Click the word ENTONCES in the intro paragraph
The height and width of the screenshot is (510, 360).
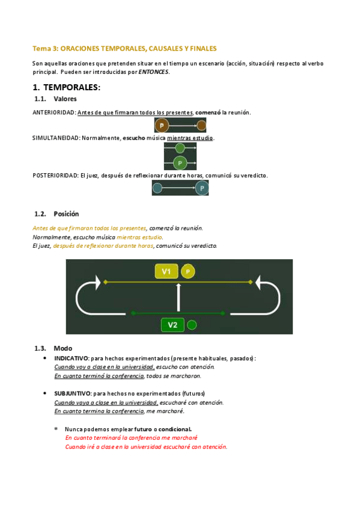tap(154, 72)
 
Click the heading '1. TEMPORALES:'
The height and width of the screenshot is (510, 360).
tap(67, 87)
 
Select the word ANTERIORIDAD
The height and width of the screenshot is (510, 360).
tap(54, 112)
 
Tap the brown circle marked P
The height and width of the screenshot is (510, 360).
tap(162, 125)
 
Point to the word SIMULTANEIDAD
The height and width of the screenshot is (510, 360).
tap(56, 138)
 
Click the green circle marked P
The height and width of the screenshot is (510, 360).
tap(180, 162)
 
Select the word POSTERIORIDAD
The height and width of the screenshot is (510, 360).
tap(55, 176)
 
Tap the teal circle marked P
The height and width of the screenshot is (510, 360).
tap(202, 188)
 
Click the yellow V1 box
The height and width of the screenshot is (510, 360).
tap(166, 271)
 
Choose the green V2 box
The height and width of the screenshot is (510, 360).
tap(172, 325)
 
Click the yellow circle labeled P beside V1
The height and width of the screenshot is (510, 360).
tap(188, 271)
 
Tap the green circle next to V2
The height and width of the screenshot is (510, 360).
tap(192, 325)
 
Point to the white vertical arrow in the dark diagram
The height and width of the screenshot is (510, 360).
tap(178, 297)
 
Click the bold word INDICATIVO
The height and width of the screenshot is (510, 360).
tap(71, 358)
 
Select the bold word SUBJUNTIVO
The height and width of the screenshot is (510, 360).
tap(73, 393)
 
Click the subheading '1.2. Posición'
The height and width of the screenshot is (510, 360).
tap(56, 214)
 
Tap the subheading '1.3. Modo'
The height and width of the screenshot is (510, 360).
tap(53, 348)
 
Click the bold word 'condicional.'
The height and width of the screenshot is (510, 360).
tap(175, 429)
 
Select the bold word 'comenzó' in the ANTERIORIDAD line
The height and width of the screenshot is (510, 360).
tap(207, 112)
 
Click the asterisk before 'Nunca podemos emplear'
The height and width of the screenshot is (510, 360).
tap(56, 429)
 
